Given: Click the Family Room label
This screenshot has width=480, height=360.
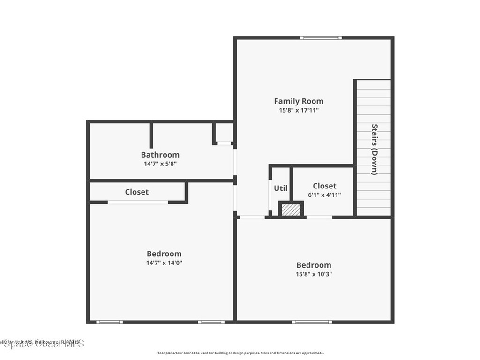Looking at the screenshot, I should [299, 101].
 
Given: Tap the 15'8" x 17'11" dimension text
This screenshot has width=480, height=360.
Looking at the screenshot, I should [299, 111].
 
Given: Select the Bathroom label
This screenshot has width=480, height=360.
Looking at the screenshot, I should [160, 155].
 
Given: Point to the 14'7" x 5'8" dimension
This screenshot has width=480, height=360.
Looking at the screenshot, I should [160, 164].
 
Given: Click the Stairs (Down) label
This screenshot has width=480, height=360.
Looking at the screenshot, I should [374, 149].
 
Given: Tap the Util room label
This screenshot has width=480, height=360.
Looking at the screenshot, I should [280, 188].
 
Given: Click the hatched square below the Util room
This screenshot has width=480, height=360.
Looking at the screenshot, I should [292, 210].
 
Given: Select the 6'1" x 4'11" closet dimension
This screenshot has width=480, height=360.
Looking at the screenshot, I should [324, 195].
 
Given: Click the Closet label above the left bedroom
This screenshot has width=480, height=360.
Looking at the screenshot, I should [136, 192].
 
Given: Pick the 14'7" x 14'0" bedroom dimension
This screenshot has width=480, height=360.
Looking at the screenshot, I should [164, 263].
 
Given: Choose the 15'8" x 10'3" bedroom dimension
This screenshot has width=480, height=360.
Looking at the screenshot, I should [314, 274].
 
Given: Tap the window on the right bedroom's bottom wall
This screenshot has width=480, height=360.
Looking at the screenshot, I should [312, 322].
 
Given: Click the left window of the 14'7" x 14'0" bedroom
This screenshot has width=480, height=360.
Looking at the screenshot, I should [109, 322].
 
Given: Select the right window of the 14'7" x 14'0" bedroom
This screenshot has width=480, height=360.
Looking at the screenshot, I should [211, 322].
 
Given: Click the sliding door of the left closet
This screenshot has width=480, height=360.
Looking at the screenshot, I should [138, 202].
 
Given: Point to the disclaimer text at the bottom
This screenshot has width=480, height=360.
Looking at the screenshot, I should [240, 353].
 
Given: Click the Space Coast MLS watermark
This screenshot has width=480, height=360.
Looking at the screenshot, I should [42, 344].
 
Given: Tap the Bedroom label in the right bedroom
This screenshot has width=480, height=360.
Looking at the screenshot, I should [314, 265].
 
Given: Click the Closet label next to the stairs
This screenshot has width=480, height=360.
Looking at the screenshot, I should [324, 186].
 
